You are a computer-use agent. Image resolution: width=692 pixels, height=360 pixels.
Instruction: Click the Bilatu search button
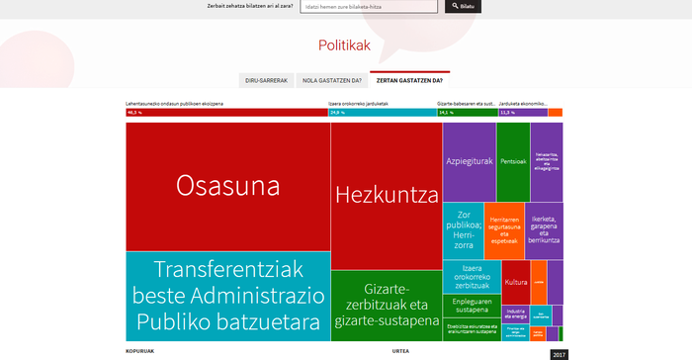tap(466, 6)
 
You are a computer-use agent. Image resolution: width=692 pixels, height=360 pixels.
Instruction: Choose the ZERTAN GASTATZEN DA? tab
tap(409, 80)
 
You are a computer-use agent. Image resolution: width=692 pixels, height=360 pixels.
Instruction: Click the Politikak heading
tap(344, 45)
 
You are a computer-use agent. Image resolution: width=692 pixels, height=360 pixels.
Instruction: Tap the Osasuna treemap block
tap(227, 186)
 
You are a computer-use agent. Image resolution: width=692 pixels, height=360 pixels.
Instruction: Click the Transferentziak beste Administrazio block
tap(227, 296)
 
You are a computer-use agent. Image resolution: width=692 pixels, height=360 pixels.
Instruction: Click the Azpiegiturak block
tap(469, 161)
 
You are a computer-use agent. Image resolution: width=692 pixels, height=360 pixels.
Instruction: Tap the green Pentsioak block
tap(513, 161)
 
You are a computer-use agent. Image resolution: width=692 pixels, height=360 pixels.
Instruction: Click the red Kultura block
tap(515, 283)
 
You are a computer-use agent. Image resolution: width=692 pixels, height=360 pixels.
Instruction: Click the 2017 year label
tap(559, 354)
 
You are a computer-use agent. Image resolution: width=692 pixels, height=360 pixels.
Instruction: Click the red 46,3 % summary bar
tap(227, 113)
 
